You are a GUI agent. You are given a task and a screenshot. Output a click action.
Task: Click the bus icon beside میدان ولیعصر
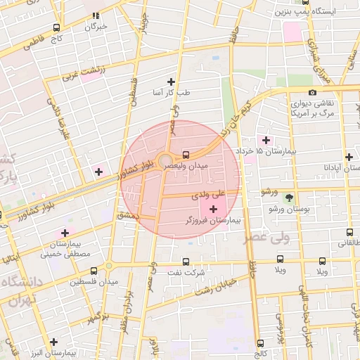pos(186,155)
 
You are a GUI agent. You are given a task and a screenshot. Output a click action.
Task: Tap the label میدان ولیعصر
pos(186,167)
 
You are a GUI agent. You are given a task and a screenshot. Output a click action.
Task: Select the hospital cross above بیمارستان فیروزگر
pos(213,209)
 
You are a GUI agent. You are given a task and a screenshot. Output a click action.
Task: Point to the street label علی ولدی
pos(212,192)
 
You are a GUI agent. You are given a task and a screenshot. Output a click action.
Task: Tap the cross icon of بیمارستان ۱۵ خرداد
pos(266,140)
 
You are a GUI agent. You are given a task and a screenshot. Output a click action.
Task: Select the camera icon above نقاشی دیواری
pos(312,92)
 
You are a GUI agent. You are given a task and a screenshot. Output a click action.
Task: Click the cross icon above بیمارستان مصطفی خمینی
pos(65,233)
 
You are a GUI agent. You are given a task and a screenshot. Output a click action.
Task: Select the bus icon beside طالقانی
pos(349,232)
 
